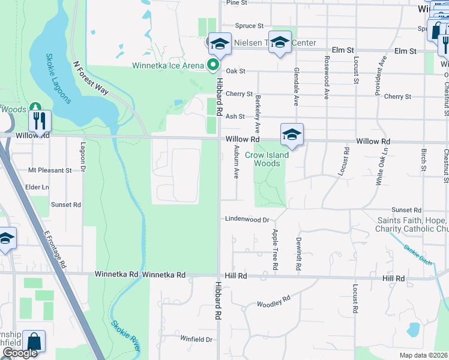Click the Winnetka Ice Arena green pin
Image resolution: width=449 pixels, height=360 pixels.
pos(212,65)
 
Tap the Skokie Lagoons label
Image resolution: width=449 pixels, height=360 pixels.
pos(58,79)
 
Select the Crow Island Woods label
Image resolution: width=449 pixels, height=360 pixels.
pos(267,159)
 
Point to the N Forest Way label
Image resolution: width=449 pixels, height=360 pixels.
pos(90,77)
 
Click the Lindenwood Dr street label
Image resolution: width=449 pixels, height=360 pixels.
pos(247,220)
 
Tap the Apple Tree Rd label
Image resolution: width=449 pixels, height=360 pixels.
pos(275,248)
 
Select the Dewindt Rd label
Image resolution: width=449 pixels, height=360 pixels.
pos(298,253)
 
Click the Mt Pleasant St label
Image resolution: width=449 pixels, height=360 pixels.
pos(50,170)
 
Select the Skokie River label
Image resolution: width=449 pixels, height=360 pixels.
pos(125,336)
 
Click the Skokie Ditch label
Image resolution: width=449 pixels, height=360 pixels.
pos(418,253)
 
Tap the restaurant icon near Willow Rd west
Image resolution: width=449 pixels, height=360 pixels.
pos(40,122)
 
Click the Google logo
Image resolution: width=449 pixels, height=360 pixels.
pos(20,353)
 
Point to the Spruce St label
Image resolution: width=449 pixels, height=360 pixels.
pos(249,26)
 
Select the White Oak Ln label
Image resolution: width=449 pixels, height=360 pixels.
pos(378,167)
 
